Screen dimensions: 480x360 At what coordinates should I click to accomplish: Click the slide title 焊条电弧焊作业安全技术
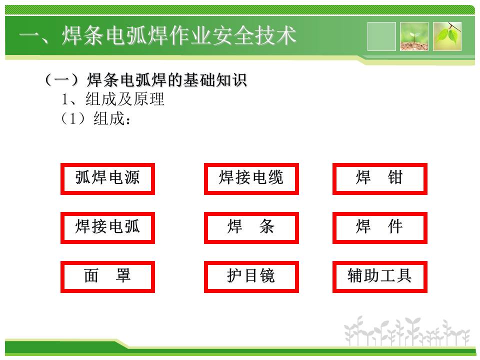pos(179,35)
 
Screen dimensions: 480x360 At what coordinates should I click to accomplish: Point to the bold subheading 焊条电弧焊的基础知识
pos(167,80)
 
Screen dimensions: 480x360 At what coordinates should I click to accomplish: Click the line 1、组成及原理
pos(113,99)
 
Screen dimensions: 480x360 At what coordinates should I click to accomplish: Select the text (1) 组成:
pos(96,118)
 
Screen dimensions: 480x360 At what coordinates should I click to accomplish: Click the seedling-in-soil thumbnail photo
pos(414,36)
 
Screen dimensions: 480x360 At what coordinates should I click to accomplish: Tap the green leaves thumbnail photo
pos(447,36)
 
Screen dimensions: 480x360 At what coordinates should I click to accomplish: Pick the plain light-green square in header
pos(381,36)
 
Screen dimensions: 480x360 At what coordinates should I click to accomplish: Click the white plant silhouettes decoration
pos(406,331)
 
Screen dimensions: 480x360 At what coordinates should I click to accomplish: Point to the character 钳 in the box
pos(395,177)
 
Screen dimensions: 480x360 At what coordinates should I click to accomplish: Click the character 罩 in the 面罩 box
pos(123,275)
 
